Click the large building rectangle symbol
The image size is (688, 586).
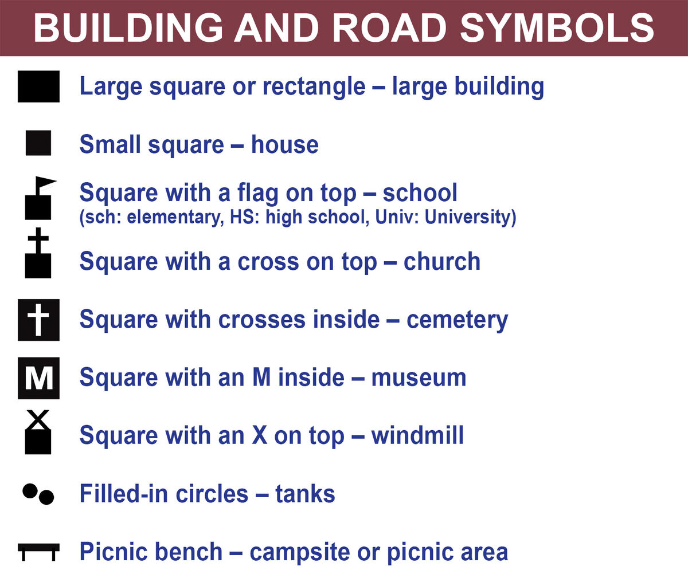pos(38,86)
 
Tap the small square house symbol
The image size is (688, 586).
pos(38,143)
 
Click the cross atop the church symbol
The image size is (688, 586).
pos(38,240)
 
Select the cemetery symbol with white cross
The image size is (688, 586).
pos(38,320)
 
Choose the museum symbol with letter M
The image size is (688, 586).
pos(38,378)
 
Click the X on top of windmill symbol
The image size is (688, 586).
pos(38,420)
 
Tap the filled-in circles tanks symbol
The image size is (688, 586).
pos(38,494)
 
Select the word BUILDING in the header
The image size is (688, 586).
pos(128,28)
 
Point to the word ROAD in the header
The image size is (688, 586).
pos(389,28)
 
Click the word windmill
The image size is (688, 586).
pos(417,435)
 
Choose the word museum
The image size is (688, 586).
pos(419,378)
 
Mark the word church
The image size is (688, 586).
pos(442,261)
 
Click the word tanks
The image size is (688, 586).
pos(305,494)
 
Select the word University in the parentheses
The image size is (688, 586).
pos(470,217)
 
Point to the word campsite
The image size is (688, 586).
pos(300,552)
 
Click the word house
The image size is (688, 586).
pos(284,144)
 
